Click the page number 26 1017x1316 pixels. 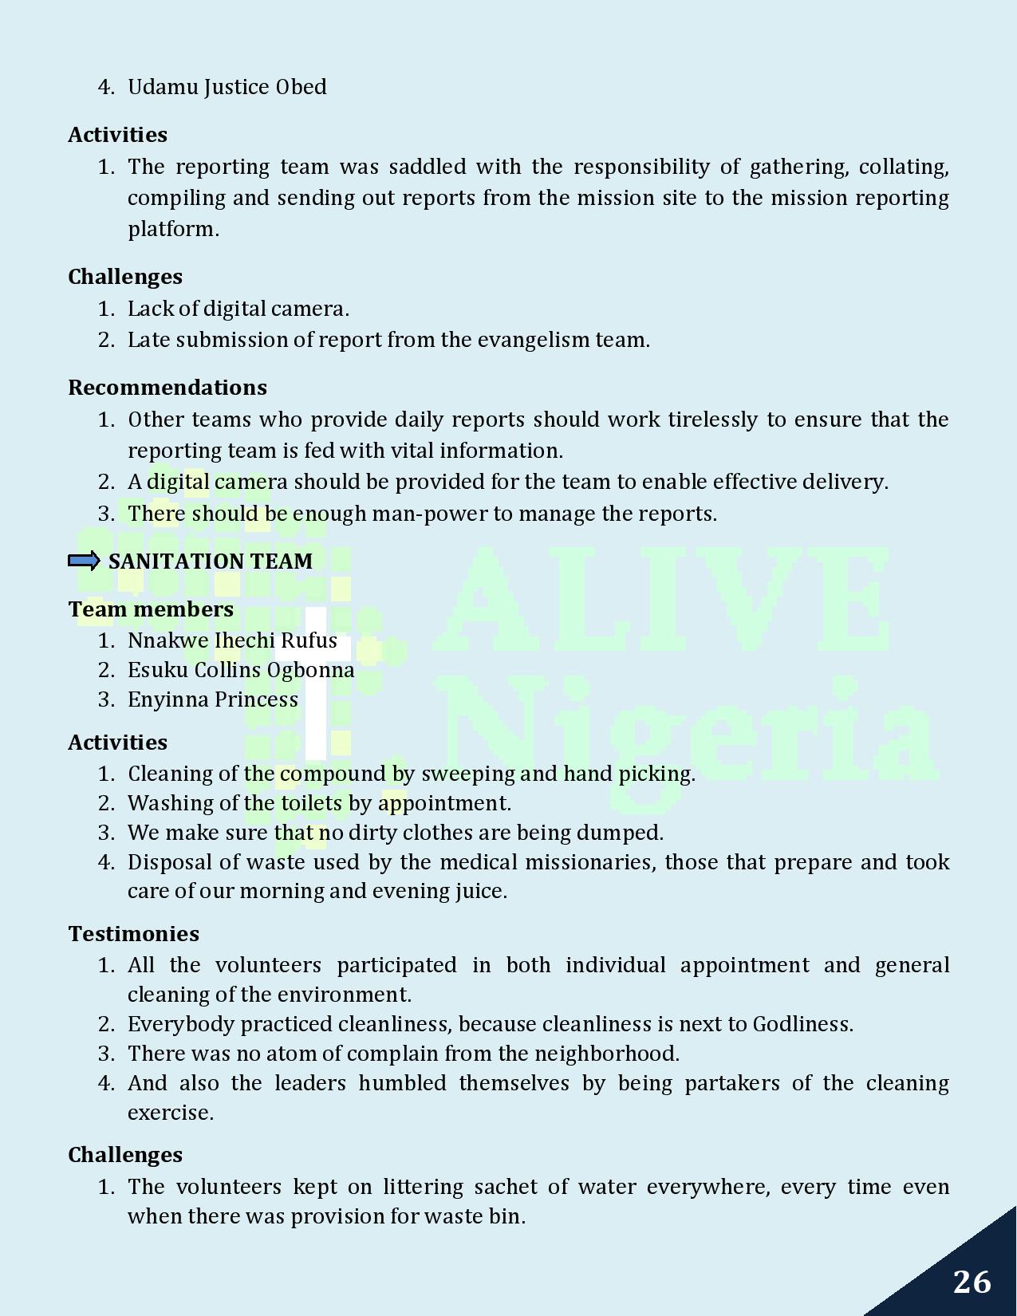tap(972, 1282)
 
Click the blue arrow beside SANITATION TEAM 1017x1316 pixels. tap(84, 561)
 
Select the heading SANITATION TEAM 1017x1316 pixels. tap(211, 561)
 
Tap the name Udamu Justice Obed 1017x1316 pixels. tap(227, 87)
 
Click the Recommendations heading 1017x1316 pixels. tap(168, 388)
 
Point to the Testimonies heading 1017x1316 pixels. tap(133, 934)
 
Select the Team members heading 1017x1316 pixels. tap(151, 609)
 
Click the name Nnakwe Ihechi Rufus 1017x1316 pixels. tap(232, 640)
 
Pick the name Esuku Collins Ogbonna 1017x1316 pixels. tap(241, 670)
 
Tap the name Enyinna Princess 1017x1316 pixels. tap(213, 699)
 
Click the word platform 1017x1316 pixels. tap(173, 229)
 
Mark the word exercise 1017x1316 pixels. tap(170, 1113)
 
